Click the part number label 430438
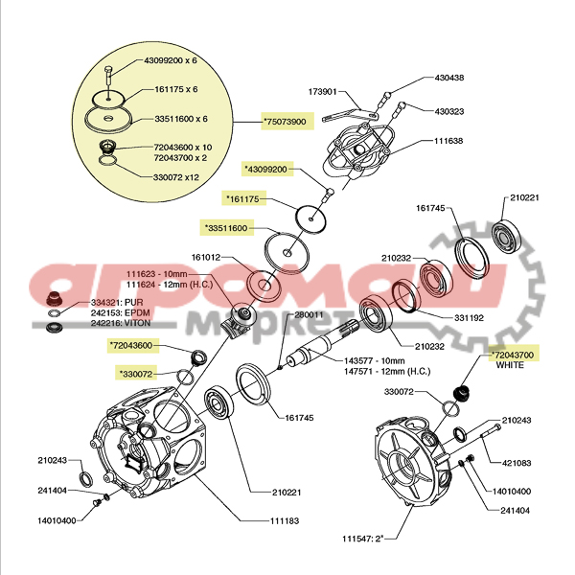tap(448, 79)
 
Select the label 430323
tap(448, 111)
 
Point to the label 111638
tap(448, 141)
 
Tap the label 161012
tap(207, 257)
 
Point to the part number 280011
tap(309, 314)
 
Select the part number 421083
tap(517, 463)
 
